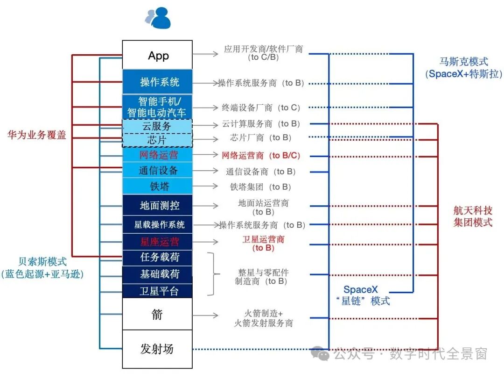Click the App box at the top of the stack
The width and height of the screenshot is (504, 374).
point(157,55)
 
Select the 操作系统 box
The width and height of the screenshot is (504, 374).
point(157,82)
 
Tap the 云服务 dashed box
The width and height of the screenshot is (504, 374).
point(157,126)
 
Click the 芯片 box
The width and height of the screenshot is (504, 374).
point(157,140)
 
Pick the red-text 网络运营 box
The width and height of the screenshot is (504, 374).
point(157,155)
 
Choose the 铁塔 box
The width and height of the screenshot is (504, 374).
point(157,187)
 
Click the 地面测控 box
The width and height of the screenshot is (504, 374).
point(157,206)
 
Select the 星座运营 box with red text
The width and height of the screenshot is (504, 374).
point(157,242)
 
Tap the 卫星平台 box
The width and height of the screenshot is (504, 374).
point(157,291)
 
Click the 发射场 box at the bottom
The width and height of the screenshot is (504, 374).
point(157,349)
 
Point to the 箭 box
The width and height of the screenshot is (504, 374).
point(157,314)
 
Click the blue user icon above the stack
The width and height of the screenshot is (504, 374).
point(159,19)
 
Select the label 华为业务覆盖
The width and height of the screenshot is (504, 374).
point(36,135)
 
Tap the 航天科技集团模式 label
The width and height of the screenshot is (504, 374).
point(473,216)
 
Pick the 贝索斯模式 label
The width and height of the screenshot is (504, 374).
point(42,267)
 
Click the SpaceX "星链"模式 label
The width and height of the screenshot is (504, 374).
point(366,295)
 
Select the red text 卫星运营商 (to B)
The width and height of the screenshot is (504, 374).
point(264,244)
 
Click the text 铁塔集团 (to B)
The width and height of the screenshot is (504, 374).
point(260,187)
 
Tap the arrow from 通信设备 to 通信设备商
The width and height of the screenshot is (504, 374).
point(205,171)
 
